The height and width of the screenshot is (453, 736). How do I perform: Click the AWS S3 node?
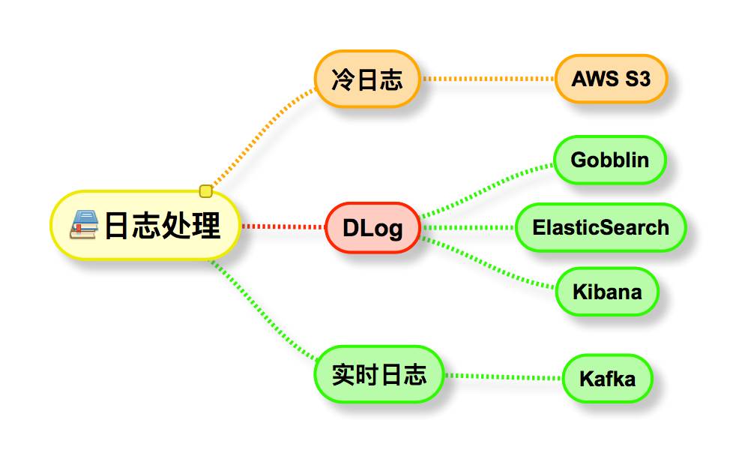611,79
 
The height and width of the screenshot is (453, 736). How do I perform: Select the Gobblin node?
609,160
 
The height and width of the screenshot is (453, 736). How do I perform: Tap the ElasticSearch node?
600,227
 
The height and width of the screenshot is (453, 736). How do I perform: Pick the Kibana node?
607,291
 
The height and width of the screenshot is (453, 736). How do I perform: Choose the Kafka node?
607,378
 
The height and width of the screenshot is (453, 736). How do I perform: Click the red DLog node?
372,227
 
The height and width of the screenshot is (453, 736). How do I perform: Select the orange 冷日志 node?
367,79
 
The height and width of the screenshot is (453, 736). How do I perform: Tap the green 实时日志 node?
378,374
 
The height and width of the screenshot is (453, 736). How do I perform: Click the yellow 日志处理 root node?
146,225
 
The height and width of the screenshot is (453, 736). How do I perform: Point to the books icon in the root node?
84,225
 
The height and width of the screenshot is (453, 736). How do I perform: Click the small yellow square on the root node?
206,191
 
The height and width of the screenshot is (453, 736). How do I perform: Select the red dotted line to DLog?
283,226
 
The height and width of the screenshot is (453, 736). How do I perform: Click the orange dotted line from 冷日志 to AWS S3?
487,79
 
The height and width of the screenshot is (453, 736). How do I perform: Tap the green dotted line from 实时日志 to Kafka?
503,376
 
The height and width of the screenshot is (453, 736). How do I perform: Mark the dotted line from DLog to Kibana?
487,263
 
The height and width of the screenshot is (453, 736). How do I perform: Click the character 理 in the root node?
206,226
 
